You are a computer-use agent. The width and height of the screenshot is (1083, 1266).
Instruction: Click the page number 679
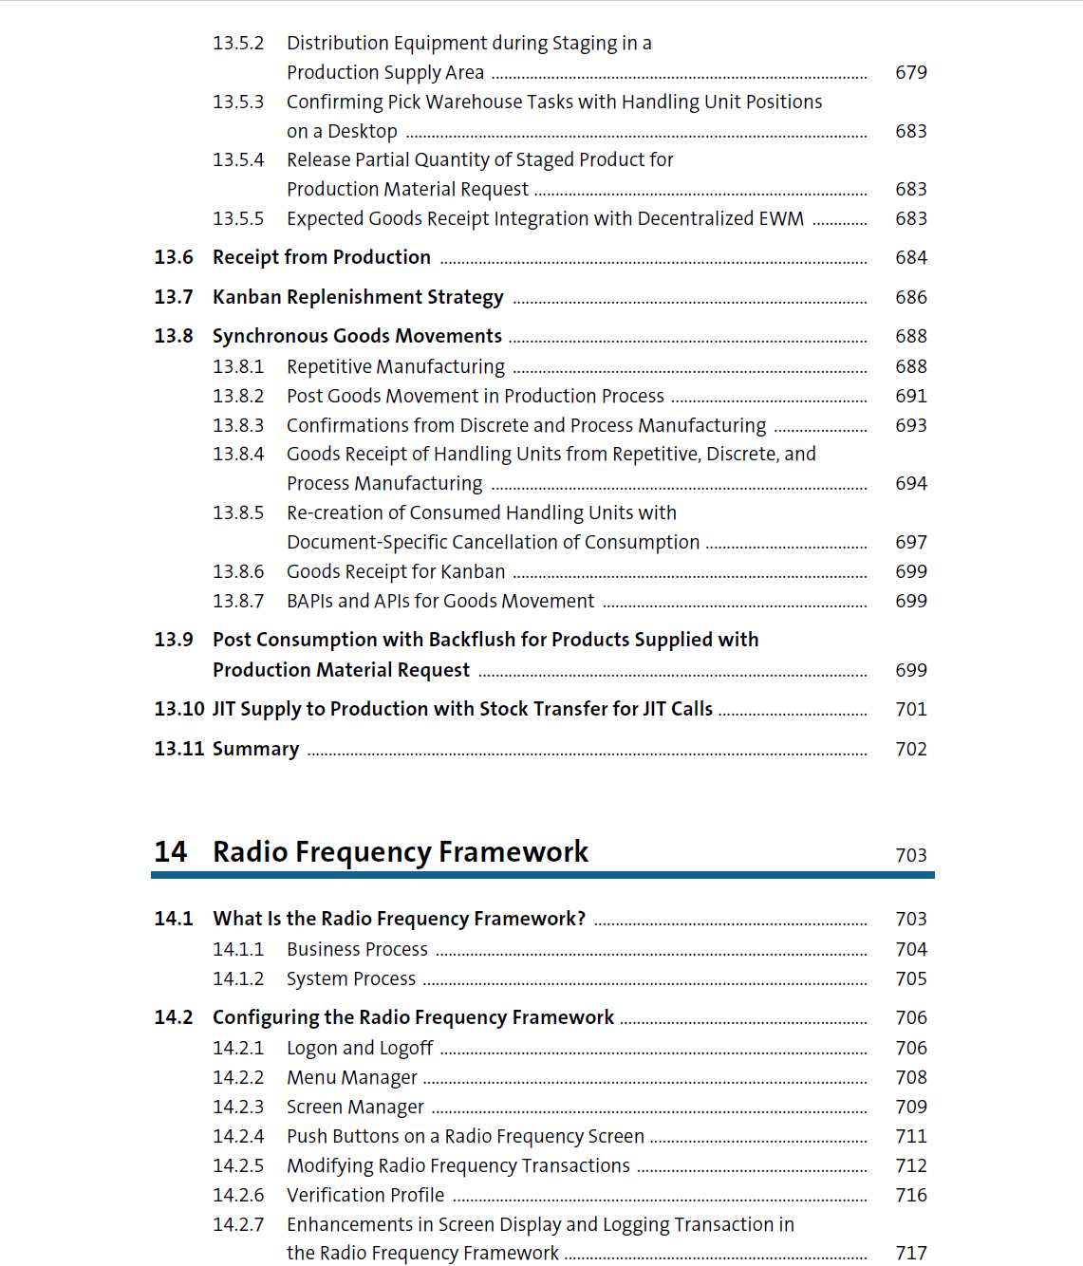[910, 73]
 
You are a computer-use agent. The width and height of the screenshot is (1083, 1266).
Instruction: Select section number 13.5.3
[238, 102]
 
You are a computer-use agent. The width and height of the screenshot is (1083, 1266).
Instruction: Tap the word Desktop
[362, 132]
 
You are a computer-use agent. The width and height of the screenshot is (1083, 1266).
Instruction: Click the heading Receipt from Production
[321, 258]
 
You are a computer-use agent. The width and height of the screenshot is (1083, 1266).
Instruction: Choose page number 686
[910, 298]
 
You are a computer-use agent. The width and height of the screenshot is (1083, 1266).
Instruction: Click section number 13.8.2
[238, 397]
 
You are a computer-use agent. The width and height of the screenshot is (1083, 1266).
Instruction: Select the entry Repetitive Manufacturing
[396, 367]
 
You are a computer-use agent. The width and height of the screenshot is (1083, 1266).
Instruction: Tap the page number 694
[910, 484]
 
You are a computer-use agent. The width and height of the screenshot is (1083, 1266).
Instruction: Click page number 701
[910, 710]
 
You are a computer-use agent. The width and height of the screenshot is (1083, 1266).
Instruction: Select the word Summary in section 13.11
[255, 750]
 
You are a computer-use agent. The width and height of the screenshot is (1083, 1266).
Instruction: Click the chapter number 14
[171, 852]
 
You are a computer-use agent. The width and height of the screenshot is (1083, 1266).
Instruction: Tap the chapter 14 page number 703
[910, 856]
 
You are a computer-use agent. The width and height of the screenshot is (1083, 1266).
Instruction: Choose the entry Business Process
[357, 950]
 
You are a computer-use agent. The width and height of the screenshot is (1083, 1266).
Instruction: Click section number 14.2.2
[238, 1078]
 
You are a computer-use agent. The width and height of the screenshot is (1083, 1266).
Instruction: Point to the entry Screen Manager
[355, 1108]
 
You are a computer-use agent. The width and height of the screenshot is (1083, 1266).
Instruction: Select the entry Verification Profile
[365, 1196]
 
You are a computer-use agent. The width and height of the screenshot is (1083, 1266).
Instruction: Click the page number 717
[910, 1254]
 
